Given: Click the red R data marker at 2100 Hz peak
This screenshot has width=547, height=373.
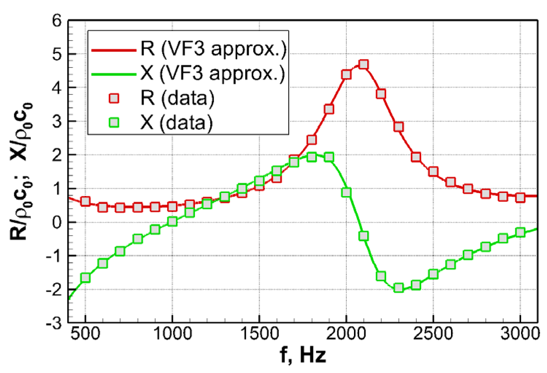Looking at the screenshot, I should click(x=363, y=65).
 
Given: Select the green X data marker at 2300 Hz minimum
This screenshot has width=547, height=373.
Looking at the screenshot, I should click(x=398, y=288).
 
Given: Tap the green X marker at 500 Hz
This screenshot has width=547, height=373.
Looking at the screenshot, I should click(x=85, y=278).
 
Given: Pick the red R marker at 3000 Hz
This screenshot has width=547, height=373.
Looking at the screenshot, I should click(x=520, y=198).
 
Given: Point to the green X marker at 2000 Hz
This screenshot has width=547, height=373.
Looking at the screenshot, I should click(x=346, y=192).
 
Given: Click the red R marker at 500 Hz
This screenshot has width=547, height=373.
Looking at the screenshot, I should click(x=85, y=201).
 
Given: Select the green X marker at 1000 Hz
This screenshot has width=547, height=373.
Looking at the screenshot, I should click(x=172, y=222).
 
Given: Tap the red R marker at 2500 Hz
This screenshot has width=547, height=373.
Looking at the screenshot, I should click(x=433, y=172).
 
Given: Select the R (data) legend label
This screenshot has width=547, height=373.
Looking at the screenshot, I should click(x=177, y=98).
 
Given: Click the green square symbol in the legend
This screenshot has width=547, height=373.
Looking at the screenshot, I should click(x=114, y=122).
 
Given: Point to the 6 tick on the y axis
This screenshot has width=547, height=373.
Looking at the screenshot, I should click(x=57, y=21).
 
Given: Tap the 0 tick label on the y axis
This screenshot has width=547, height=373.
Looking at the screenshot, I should click(x=57, y=222).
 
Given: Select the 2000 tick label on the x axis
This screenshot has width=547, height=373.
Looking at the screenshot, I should click(x=346, y=334).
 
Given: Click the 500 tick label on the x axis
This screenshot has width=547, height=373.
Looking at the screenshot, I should click(x=85, y=334).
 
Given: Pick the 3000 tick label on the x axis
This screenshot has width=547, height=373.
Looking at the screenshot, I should click(x=520, y=334).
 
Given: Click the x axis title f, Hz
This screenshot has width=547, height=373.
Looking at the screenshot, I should click(x=303, y=355).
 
